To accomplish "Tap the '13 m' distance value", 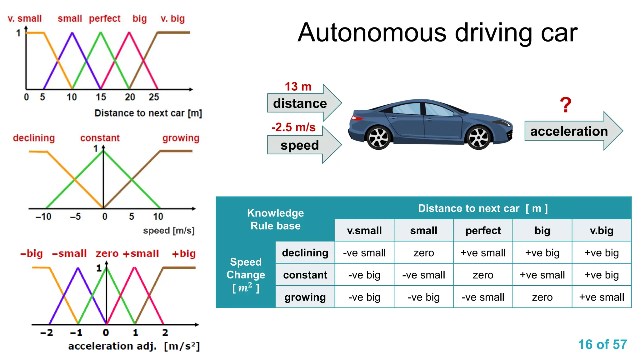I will pos(298,87).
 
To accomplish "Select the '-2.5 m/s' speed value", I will pos(293,127).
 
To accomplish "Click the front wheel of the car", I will pos(478,138).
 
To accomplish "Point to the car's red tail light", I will pos(356,118).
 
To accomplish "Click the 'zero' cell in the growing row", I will pos(542,297).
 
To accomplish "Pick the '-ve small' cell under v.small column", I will pos(364,252).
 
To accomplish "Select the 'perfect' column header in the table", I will pos(483,231).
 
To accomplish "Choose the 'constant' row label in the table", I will pos(305,275).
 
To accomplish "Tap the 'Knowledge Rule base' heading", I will pos(275,219).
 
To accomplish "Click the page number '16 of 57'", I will pos(602,344).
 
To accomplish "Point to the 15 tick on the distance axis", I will pos(101,97).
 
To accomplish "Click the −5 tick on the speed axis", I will pos(75,216).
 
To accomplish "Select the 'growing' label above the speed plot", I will pos(181,138).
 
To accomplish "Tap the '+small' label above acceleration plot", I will pos(141,253).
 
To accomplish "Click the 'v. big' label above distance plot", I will pos(172,18).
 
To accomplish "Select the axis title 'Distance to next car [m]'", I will pos(148,113).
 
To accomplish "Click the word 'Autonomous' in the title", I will pos(372,32).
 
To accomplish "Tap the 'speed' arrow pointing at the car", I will pos(300,145).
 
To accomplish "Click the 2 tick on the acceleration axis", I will pos(165,332).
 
